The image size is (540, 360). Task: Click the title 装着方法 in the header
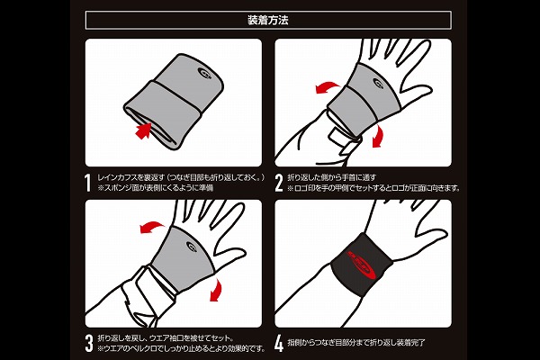[268, 20]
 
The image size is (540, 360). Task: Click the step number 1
[88, 183]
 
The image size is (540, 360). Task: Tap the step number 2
[279, 183]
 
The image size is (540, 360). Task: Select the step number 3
[89, 344]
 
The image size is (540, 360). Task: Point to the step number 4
[279, 344]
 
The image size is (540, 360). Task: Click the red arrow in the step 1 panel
[144, 130]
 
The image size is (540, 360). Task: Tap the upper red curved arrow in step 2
[328, 87]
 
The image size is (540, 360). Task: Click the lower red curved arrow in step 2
[379, 136]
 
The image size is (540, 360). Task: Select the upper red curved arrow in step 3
[152, 228]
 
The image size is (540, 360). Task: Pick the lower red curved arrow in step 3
[216, 290]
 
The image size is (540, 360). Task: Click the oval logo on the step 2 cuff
[378, 83]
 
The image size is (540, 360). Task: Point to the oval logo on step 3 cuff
[192, 247]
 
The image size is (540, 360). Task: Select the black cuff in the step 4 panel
[361, 264]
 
